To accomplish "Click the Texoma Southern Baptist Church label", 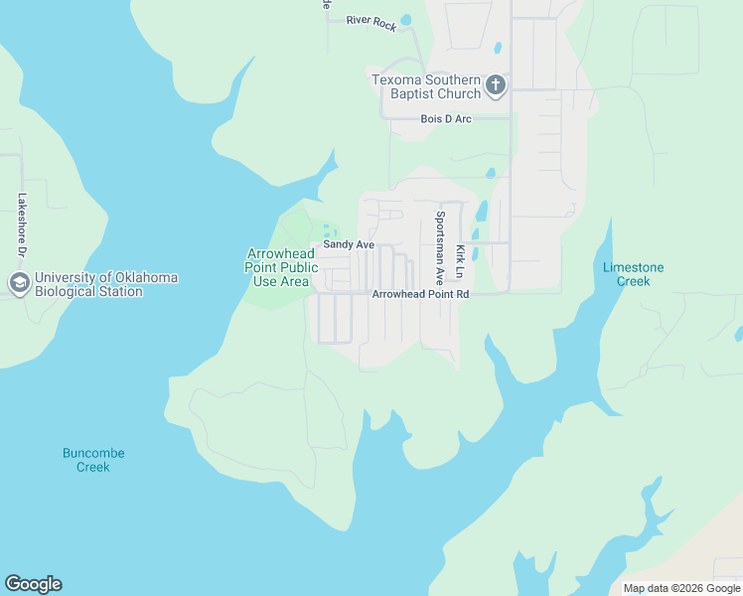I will [x=426, y=86].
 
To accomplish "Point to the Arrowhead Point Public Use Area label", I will [x=282, y=267].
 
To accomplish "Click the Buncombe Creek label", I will [x=93, y=460].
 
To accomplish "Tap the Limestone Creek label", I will [x=634, y=274].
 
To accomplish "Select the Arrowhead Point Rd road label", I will [x=419, y=295].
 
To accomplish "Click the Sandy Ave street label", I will [x=349, y=244].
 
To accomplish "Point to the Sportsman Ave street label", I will [x=439, y=247].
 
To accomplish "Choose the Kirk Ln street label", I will [x=459, y=260].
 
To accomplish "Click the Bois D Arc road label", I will [x=446, y=119].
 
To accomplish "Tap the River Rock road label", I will [x=371, y=23].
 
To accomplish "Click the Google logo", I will [x=33, y=584].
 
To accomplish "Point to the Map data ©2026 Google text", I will [x=681, y=588].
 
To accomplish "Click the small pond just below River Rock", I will [x=405, y=20].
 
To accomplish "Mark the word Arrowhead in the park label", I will [x=282, y=254].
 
